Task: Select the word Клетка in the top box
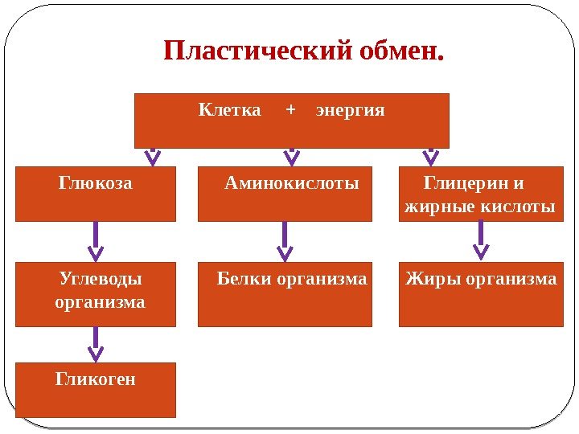click(230, 108)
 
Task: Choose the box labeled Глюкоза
click(95, 194)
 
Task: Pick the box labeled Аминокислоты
click(285, 194)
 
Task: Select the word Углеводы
click(101, 279)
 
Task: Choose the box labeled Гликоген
click(95, 390)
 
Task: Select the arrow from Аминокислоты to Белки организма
click(285, 241)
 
